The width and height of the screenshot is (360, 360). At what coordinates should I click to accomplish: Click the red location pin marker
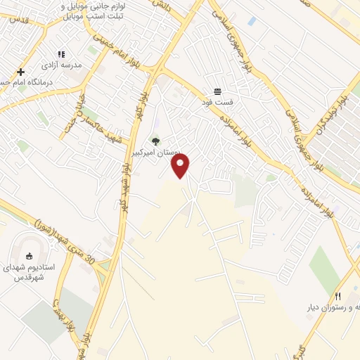tap(180, 165)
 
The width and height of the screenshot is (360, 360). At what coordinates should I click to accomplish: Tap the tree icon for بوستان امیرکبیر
tap(155, 141)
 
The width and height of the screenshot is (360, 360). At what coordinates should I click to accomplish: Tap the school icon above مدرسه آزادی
tap(61, 54)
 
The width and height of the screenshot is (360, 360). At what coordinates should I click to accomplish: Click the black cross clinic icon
tap(21, 72)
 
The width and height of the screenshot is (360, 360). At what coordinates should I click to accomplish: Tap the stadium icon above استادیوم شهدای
tap(30, 257)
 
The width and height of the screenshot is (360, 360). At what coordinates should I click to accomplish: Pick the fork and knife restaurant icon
tap(337, 296)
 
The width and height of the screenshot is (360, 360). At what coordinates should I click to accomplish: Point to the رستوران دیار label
tap(330, 307)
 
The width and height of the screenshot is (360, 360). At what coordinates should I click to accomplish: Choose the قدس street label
tap(15, 20)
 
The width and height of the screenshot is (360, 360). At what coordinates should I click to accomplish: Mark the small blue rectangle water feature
tap(252, 22)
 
